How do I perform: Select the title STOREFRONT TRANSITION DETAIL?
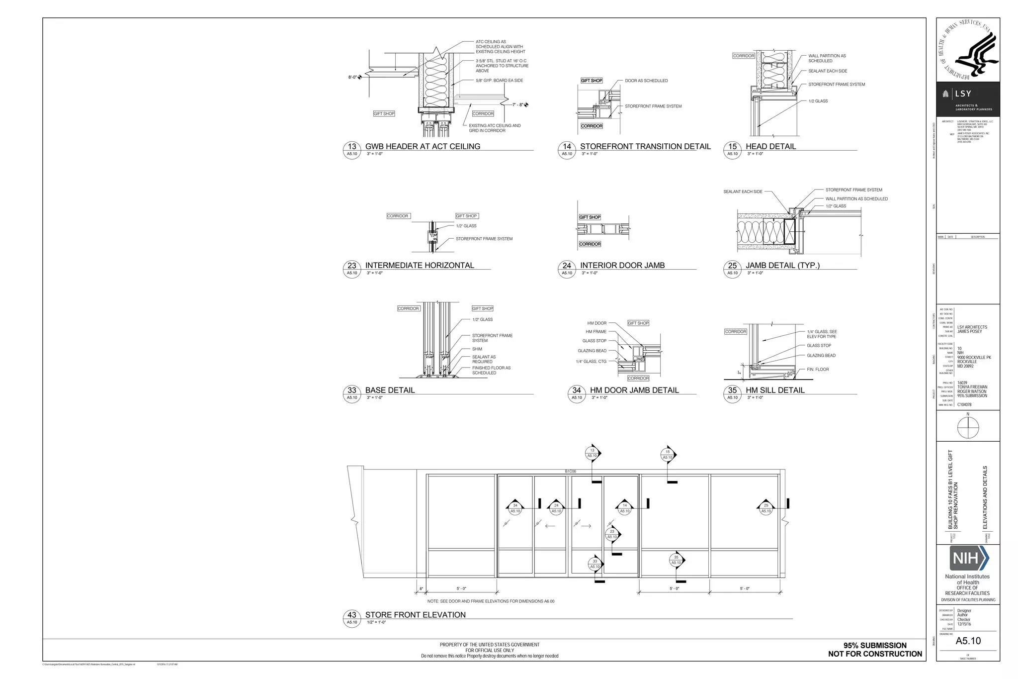click(x=645, y=147)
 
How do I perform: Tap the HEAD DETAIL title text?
click(x=770, y=147)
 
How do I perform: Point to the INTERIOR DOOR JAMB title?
click(x=622, y=266)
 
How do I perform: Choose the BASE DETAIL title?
click(x=390, y=390)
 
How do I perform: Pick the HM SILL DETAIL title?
click(x=775, y=390)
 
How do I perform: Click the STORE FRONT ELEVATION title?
click(x=415, y=615)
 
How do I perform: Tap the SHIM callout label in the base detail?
click(x=477, y=349)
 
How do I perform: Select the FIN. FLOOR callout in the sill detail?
click(x=818, y=370)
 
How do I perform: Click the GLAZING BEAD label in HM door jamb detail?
click(x=592, y=351)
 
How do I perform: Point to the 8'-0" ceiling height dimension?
click(x=352, y=77)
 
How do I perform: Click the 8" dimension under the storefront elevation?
click(x=421, y=589)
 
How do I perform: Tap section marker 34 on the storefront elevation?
click(x=515, y=508)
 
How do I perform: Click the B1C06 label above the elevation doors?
click(x=570, y=471)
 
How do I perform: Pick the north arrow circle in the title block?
click(x=967, y=428)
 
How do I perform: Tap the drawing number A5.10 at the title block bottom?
click(x=968, y=641)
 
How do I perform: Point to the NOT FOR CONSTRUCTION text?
click(x=875, y=654)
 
